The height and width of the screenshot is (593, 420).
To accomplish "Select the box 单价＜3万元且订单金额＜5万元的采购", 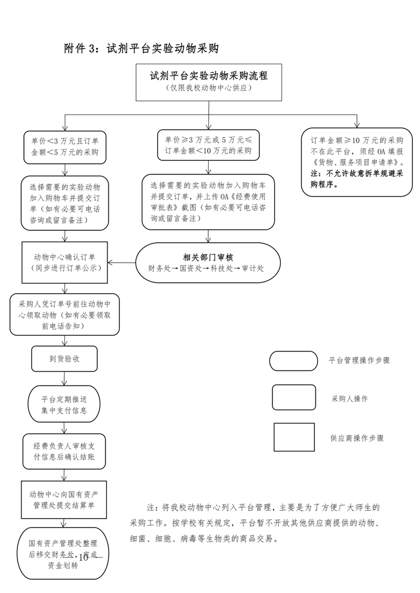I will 65,146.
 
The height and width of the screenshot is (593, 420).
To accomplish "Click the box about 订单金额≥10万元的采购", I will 356,162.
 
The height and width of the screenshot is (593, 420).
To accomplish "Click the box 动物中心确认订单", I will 65,262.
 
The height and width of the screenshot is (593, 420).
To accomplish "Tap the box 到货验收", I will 65,359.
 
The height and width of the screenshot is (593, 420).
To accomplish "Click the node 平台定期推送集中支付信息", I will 65,405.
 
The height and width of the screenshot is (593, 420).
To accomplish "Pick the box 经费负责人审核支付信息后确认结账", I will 65,451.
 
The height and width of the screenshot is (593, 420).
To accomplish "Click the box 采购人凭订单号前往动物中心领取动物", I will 65,314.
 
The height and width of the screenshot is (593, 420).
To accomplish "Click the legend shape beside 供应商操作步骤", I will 294,438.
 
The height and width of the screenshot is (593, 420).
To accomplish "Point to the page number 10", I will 83,557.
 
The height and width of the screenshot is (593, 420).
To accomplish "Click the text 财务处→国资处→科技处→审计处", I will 206,269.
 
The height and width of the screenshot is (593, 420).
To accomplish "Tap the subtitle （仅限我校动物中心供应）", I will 208,89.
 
